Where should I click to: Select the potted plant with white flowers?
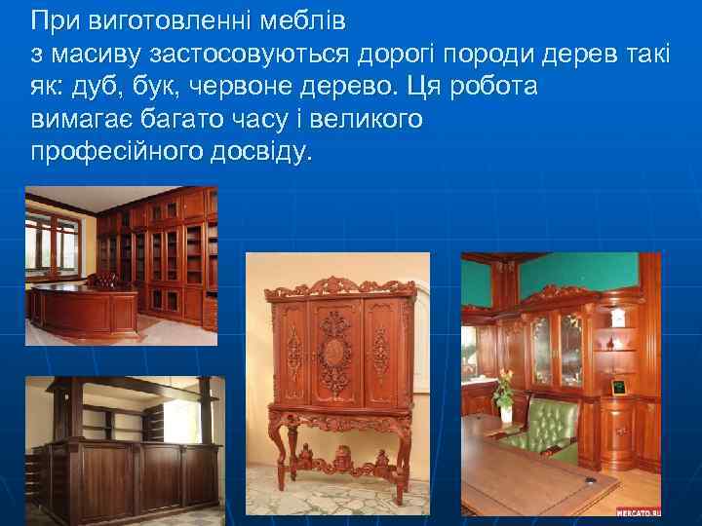click(503, 394)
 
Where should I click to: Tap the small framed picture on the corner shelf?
click(618, 387)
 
